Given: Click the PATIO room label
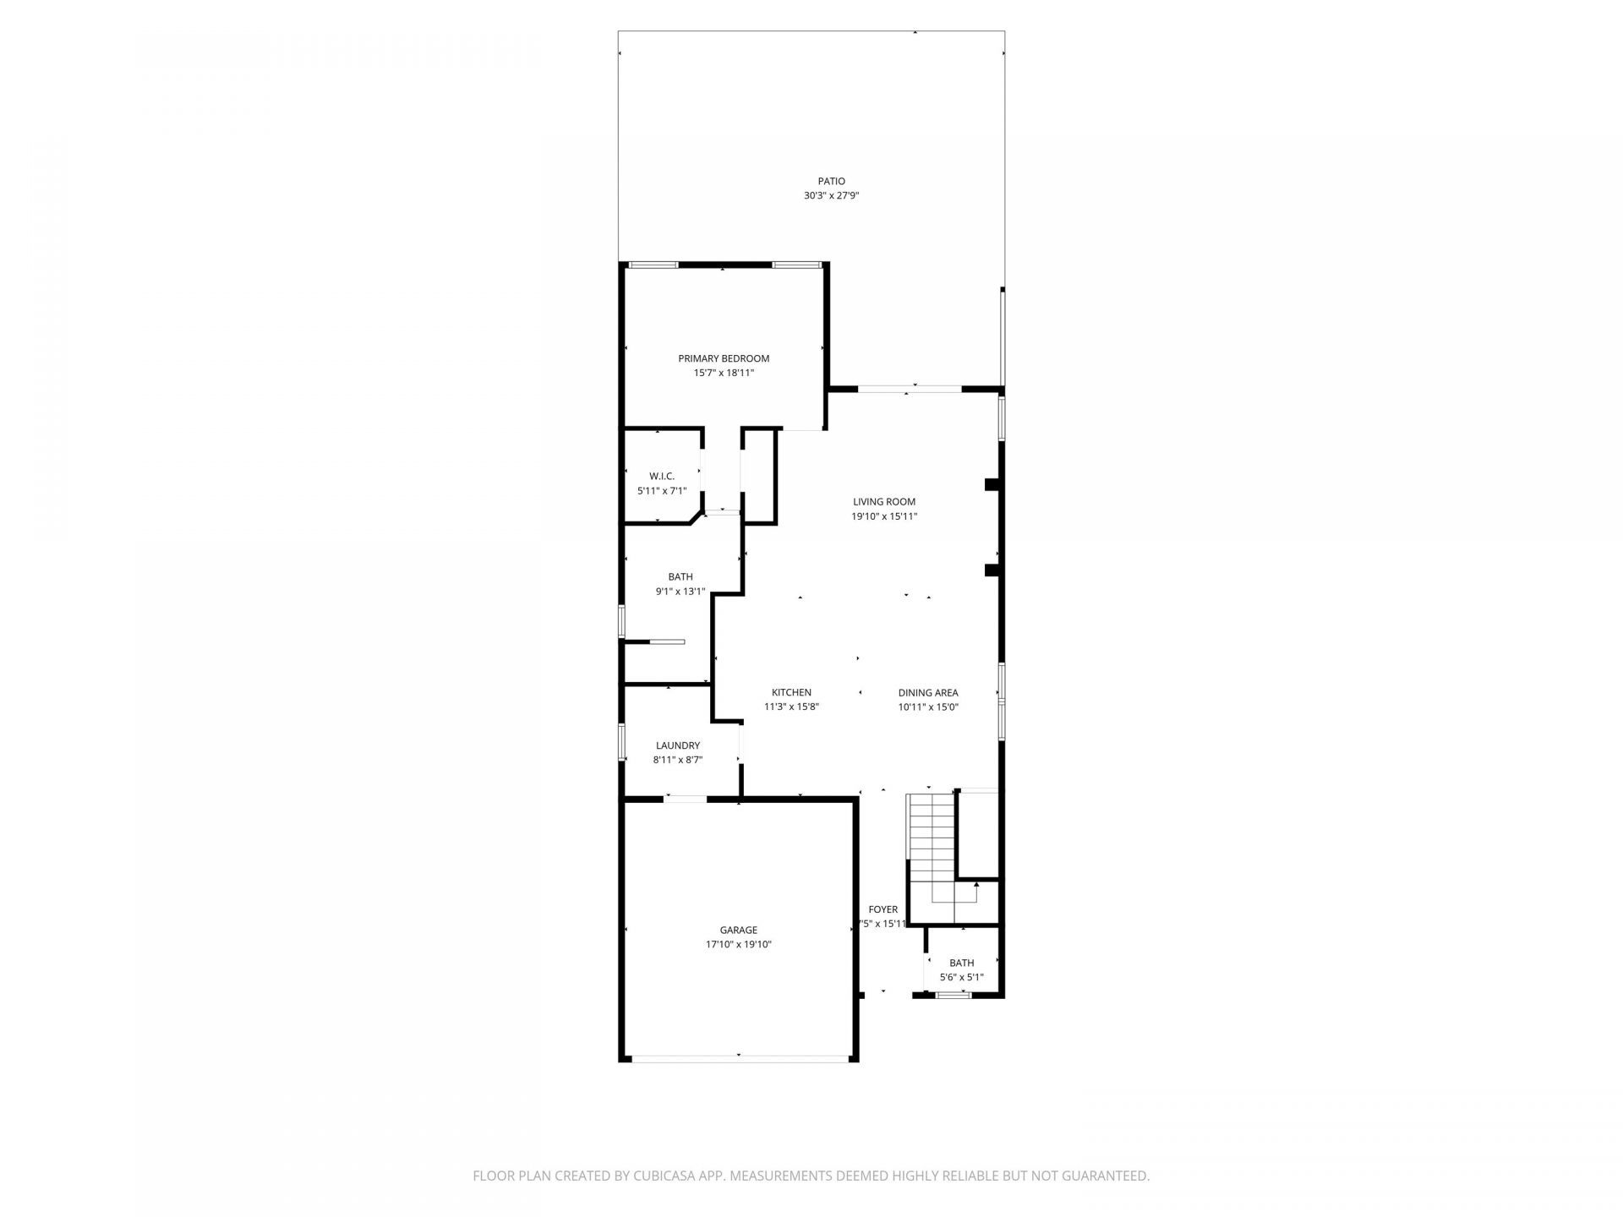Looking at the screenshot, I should (831, 181).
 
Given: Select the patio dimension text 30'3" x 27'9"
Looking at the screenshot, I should (831, 195).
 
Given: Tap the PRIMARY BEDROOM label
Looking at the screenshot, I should (724, 358).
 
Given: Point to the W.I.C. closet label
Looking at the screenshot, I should (662, 477).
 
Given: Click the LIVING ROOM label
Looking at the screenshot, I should (884, 502).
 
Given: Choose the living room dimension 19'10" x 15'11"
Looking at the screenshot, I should (884, 516).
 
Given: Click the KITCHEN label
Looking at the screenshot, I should (791, 693).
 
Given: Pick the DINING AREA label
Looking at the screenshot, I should (928, 693).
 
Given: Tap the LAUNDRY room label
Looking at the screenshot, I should (678, 745).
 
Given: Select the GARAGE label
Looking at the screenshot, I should (739, 930).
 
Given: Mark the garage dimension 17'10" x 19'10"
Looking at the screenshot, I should (739, 945).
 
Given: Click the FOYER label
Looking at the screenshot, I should (883, 910).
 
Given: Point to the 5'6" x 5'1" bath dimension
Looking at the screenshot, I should (962, 978).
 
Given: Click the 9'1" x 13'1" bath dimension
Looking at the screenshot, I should (680, 592).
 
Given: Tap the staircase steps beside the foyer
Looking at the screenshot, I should (931, 837).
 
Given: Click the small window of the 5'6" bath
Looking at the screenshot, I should (954, 996).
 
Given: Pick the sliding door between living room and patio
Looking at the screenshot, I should (910, 390).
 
